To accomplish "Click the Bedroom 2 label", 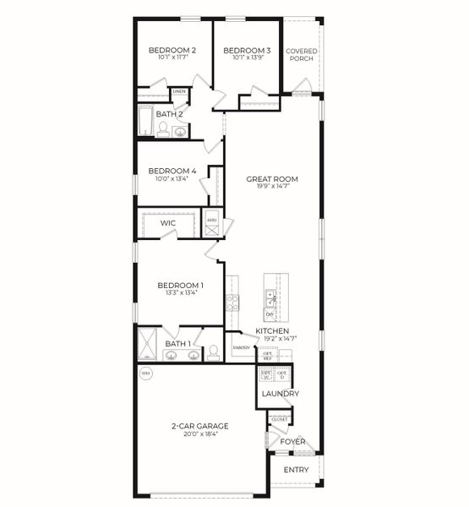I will click(x=172, y=51).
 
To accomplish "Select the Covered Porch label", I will click(x=301, y=55).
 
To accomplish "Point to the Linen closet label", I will click(x=179, y=91).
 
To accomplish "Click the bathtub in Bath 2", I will click(x=145, y=122).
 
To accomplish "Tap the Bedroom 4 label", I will click(x=172, y=171).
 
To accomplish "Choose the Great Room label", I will click(x=271, y=179).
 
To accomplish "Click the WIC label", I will click(x=168, y=224).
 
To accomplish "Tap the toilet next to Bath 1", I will click(x=215, y=350).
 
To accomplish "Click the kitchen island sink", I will click(x=270, y=297).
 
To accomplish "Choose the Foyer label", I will click(x=292, y=441).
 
